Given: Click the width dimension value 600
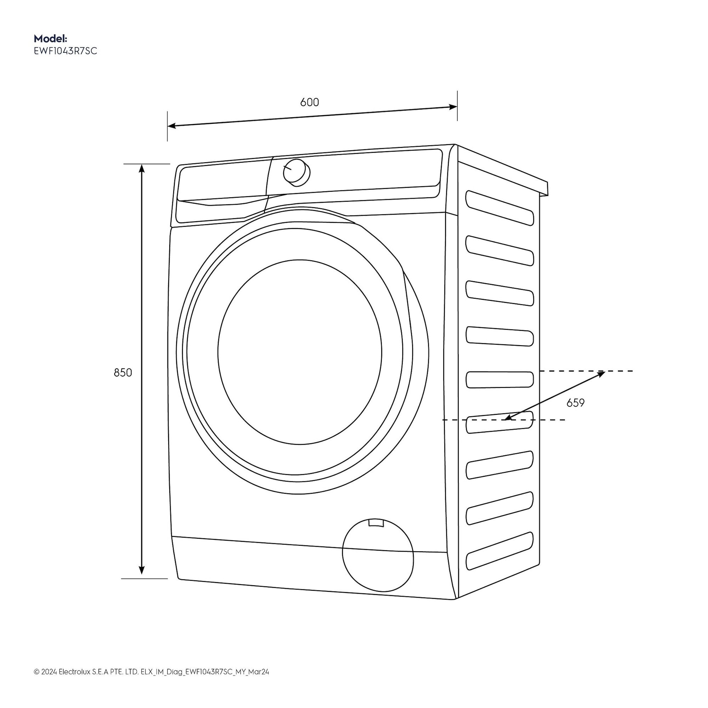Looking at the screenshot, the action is [x=309, y=102].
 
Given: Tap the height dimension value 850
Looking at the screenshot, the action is [x=123, y=373].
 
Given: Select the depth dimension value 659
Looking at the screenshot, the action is [x=576, y=403].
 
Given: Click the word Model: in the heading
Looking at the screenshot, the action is [x=51, y=38].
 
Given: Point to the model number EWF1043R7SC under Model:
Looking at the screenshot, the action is [x=66, y=51].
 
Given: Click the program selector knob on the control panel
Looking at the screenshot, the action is [x=296, y=172].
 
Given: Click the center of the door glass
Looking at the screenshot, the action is [x=299, y=352].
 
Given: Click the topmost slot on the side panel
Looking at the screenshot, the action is [x=500, y=208].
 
